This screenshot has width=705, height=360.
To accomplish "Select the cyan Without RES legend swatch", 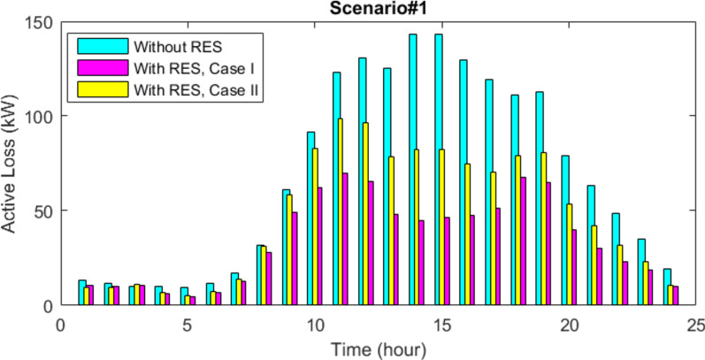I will point(102,44).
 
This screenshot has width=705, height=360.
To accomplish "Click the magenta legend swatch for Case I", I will point(102,67).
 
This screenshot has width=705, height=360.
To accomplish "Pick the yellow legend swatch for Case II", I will point(102,89).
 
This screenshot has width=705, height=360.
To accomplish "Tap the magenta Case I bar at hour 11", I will point(345,239).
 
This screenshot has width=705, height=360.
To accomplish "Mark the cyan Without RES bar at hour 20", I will point(565,230).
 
